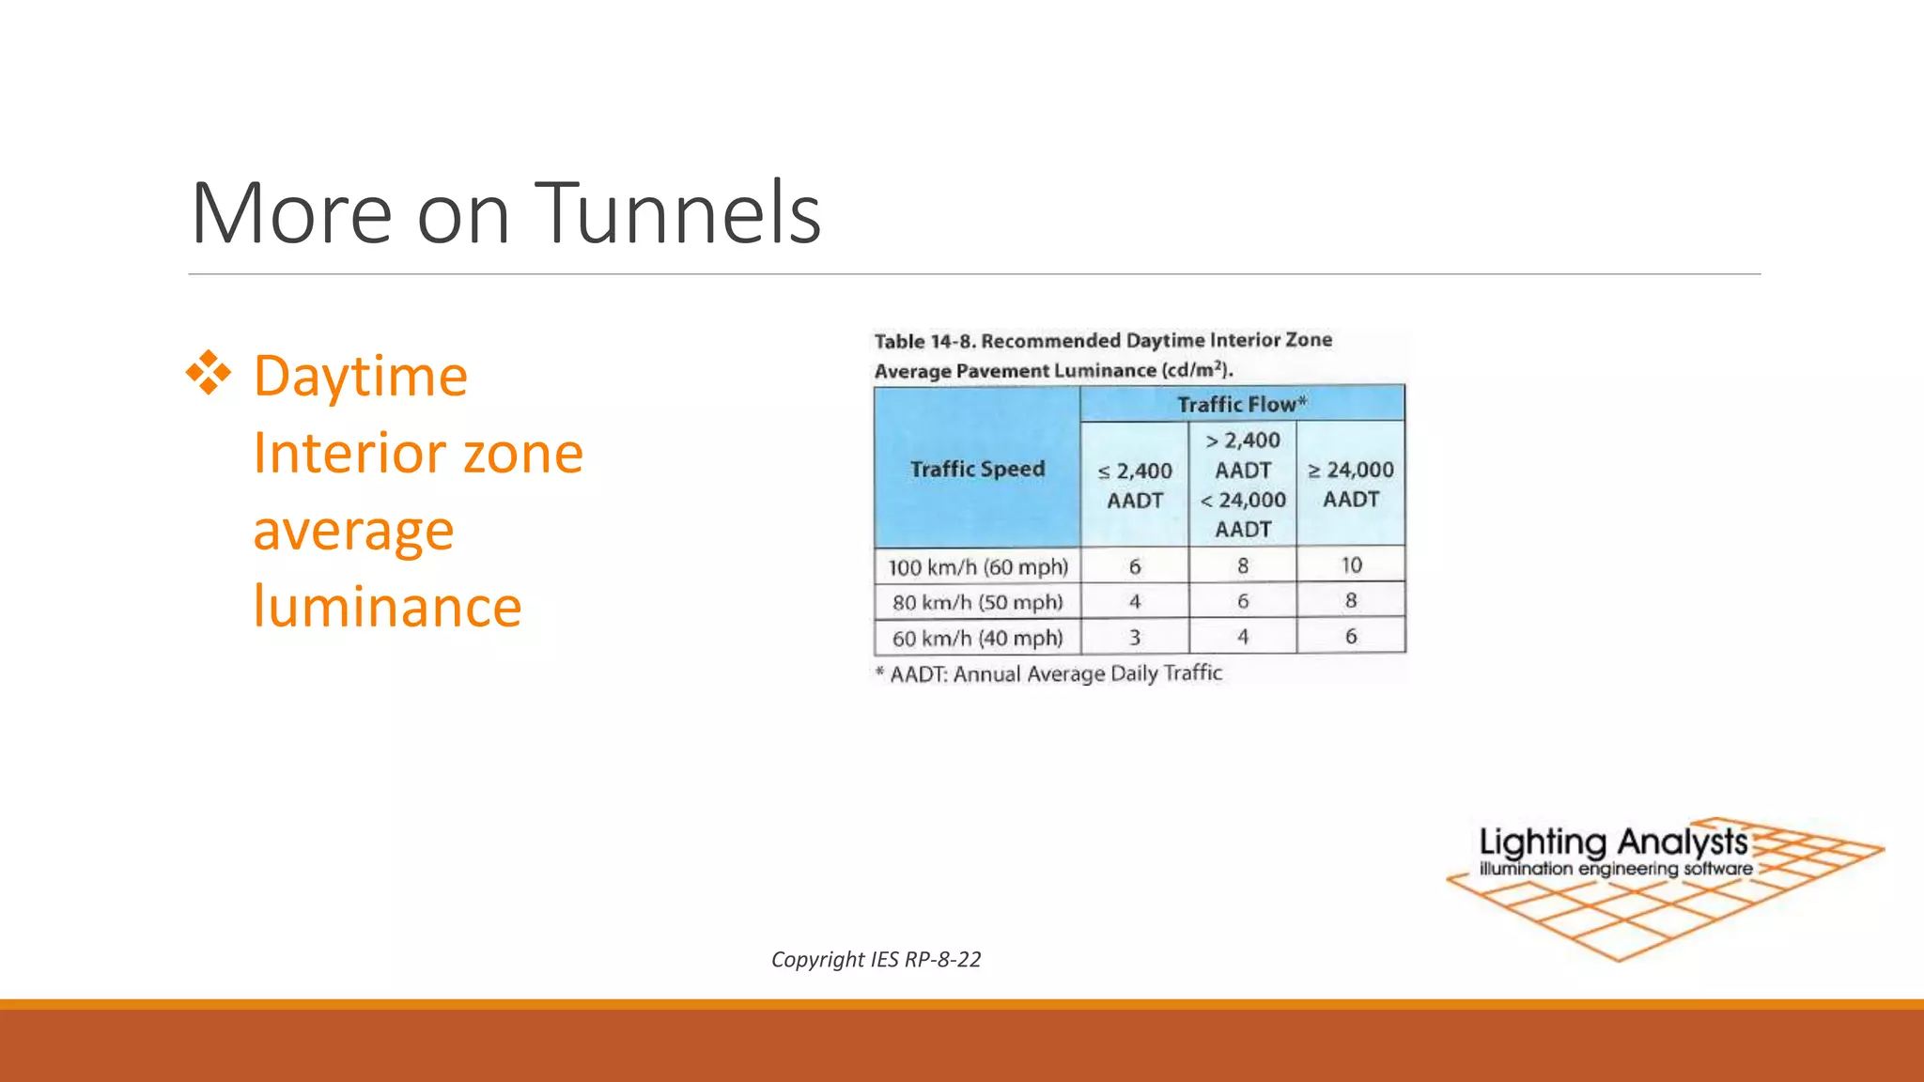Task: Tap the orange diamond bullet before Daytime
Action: coord(209,373)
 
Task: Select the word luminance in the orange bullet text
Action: coord(387,607)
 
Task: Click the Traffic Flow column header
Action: coord(1242,404)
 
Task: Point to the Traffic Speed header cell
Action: coord(977,469)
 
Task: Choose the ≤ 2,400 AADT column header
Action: coord(1135,485)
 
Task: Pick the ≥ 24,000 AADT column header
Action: coord(1351,484)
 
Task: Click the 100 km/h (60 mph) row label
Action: coord(978,567)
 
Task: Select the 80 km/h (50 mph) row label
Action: coord(978,602)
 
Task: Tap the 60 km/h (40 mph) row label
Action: coord(978,639)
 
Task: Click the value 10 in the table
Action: coord(1351,565)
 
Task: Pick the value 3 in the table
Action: coord(1135,638)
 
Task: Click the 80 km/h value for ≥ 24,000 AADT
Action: coord(1351,601)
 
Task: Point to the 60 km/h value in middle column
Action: coord(1243,638)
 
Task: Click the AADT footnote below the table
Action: coord(1048,673)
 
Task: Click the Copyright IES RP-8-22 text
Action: coord(876,959)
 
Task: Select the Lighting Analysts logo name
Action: coord(1613,842)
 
